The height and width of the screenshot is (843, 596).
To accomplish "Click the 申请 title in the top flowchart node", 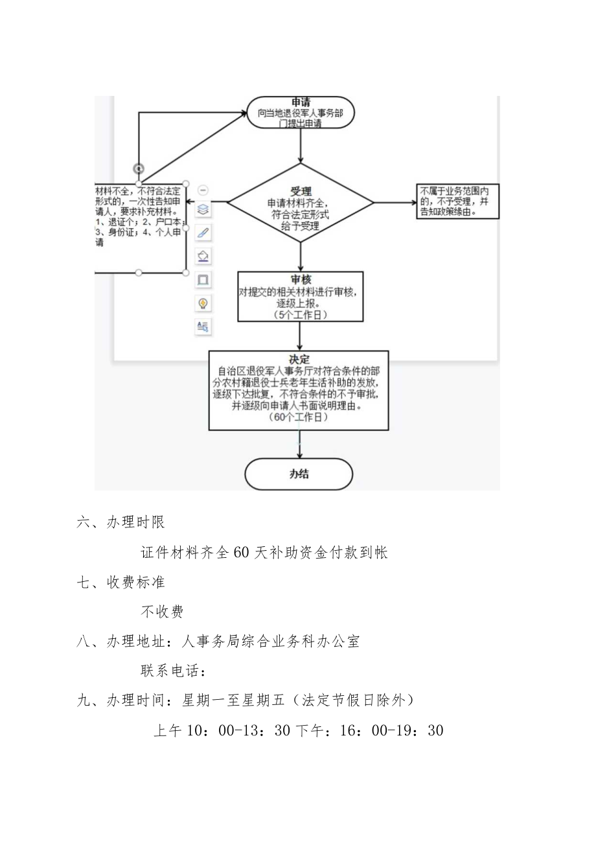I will tap(300, 102).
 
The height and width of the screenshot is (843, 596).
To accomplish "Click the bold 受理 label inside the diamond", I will tap(300, 191).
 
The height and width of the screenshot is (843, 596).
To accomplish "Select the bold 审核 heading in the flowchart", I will tap(300, 279).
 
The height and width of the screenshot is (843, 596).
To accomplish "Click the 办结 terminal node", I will tap(299, 474).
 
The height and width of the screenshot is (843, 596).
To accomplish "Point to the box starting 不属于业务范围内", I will tap(457, 201).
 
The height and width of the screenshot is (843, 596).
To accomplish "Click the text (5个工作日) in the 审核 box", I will tap(299, 314).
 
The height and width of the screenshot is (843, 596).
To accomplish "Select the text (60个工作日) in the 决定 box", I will tap(299, 419).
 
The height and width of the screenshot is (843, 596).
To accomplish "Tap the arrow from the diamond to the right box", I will tap(395, 202).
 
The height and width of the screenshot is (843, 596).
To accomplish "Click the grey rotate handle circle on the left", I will tap(139, 168).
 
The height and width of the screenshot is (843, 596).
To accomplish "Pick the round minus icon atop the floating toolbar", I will tap(203, 191).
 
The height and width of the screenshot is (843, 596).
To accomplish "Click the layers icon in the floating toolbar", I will tap(203, 209).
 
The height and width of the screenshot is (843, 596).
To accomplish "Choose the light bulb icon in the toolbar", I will tap(203, 303).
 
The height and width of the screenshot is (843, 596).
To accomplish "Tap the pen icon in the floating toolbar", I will tap(203, 233).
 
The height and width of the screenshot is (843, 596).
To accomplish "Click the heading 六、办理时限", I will tap(120, 524).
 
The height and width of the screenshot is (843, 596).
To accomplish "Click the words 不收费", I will tap(162, 611).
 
